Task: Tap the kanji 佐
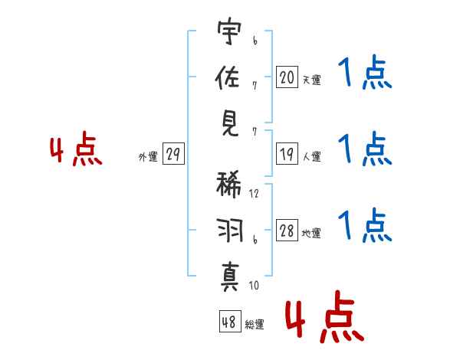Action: point(229,77)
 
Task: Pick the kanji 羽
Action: point(229,230)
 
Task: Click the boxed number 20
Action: point(287,77)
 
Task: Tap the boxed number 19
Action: point(287,155)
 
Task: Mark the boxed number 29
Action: point(173,155)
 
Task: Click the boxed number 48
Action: point(229,322)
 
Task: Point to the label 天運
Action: point(311,80)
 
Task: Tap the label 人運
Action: point(311,157)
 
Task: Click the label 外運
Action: point(148,157)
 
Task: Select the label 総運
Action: point(255,325)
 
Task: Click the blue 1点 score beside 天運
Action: point(364,74)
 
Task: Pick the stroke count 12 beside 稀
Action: point(255,194)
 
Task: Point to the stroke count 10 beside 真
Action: point(254,286)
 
